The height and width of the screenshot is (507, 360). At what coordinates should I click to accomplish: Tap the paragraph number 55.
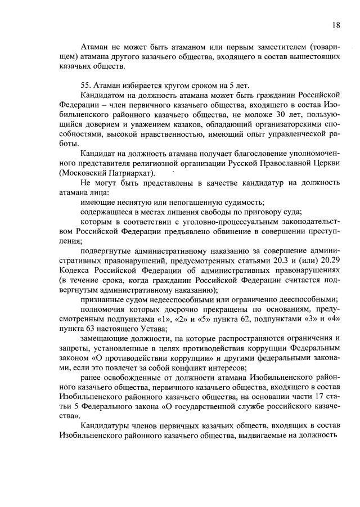coord(86,84)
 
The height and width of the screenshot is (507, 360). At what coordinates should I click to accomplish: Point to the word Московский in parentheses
coord(82,173)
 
